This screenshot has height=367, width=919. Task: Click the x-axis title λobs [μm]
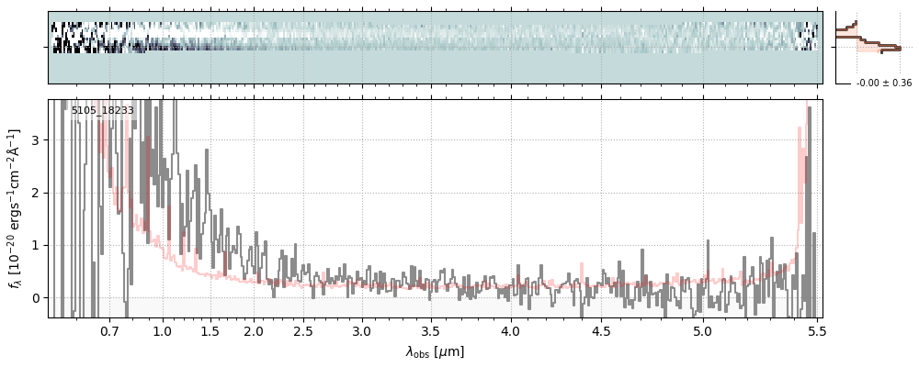435,351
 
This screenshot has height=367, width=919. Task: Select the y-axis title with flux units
16,208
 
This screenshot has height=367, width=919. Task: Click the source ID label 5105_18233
103,111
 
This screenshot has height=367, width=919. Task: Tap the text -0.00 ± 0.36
883,83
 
